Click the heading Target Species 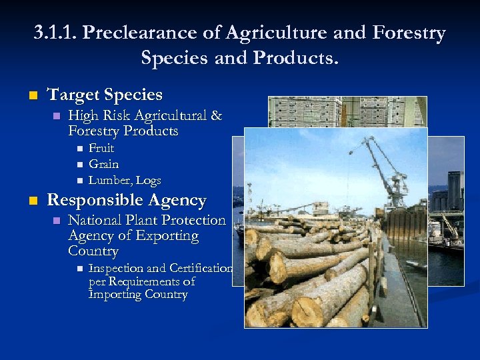(x=105, y=95)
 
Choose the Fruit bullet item (x=101, y=148)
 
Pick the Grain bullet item (x=103, y=164)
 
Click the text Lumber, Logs (x=125, y=180)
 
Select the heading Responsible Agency (x=126, y=200)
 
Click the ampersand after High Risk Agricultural (x=216, y=116)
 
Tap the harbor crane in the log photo (x=387, y=167)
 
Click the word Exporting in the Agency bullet (x=167, y=236)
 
